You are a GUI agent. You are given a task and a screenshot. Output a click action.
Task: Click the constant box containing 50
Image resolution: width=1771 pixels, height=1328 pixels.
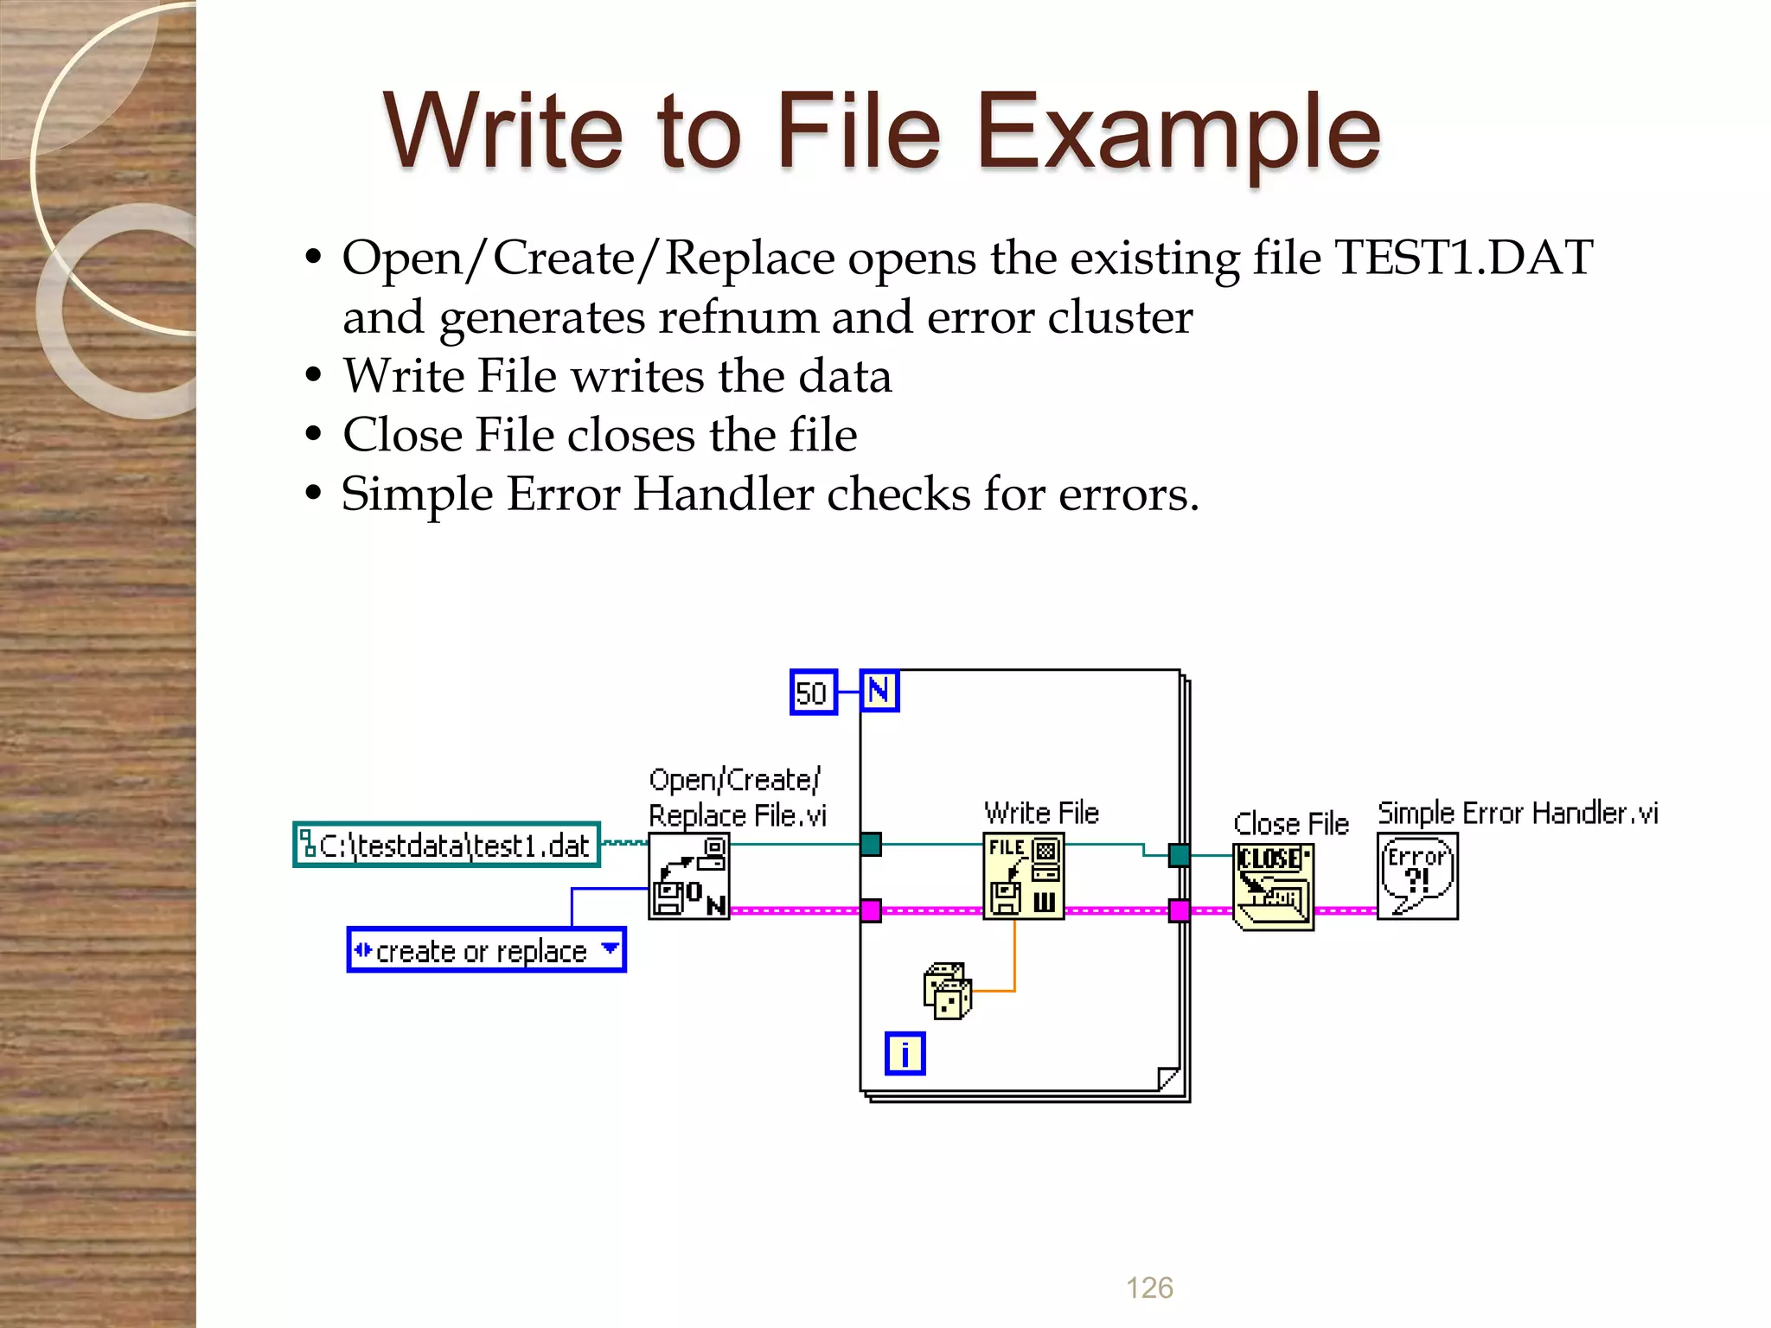point(813,693)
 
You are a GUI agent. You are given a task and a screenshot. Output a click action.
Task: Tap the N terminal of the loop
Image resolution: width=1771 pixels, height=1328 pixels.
point(879,691)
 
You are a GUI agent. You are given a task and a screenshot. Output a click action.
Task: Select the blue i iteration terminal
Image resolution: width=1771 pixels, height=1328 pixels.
point(905,1053)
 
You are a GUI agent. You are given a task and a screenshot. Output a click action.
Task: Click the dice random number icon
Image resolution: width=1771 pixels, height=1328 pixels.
point(947,991)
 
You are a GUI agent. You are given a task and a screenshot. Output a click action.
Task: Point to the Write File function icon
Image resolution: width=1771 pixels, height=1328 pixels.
point(1023,876)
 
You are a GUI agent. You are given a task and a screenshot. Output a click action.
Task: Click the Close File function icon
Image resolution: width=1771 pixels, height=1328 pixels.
point(1273,886)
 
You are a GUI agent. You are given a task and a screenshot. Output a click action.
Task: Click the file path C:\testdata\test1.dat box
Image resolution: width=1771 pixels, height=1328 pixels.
point(447,845)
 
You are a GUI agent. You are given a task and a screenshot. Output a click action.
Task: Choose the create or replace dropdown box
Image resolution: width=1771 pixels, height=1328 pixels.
point(486,950)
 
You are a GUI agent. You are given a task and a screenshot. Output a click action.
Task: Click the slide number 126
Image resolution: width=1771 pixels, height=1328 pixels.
point(1149,1287)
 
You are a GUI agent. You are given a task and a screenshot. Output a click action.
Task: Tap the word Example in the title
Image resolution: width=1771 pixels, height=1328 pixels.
point(1178,131)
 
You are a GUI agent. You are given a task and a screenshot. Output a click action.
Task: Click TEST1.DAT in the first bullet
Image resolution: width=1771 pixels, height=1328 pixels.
point(1463,258)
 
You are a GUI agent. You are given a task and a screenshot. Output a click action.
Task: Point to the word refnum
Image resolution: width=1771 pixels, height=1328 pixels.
point(738,317)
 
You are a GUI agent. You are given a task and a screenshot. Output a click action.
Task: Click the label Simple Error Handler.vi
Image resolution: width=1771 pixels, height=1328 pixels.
point(1518,814)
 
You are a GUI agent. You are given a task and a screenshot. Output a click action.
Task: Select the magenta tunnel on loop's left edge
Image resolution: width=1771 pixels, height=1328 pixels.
point(871,910)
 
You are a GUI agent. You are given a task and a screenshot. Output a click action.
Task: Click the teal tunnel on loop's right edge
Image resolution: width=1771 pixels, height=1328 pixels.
point(1179,855)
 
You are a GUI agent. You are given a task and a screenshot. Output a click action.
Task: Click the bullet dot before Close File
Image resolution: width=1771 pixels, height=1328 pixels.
point(313,435)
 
